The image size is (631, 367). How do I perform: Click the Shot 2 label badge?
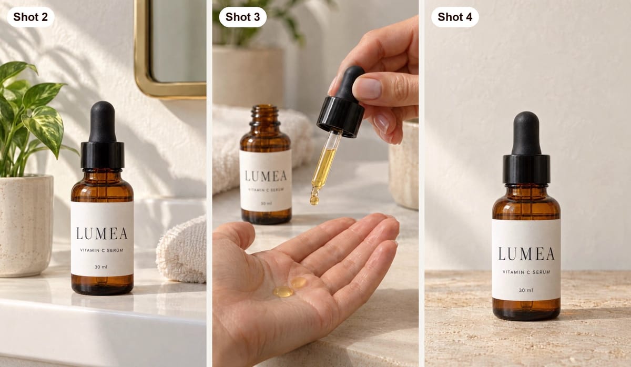tap(30, 17)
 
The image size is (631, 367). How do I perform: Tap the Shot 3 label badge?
tap(242, 17)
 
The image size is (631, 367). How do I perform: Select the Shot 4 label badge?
tap(455, 17)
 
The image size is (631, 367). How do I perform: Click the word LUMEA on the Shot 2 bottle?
tap(102, 233)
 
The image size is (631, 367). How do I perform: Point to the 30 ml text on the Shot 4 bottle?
tap(526, 290)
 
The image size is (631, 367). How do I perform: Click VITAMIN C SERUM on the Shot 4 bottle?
tap(526, 272)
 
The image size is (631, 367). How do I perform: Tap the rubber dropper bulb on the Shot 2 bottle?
tap(103, 121)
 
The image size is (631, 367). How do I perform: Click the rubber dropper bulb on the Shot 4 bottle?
tap(526, 133)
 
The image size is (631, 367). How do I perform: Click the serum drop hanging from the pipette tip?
tap(314, 200)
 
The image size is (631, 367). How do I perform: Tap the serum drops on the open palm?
tap(290, 287)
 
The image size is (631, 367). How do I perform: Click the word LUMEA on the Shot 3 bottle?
tap(266, 176)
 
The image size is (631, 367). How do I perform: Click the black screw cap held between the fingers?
tap(341, 117)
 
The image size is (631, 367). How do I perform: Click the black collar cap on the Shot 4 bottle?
tap(526, 169)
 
